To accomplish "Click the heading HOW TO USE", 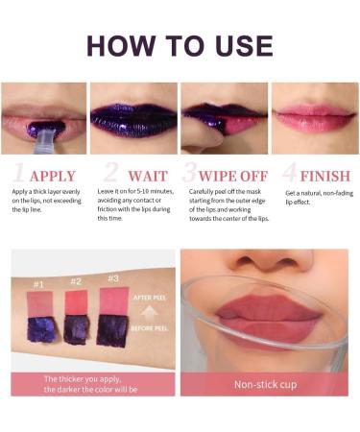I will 180,44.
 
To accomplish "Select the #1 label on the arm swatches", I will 39,285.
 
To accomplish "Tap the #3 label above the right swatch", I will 113,278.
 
